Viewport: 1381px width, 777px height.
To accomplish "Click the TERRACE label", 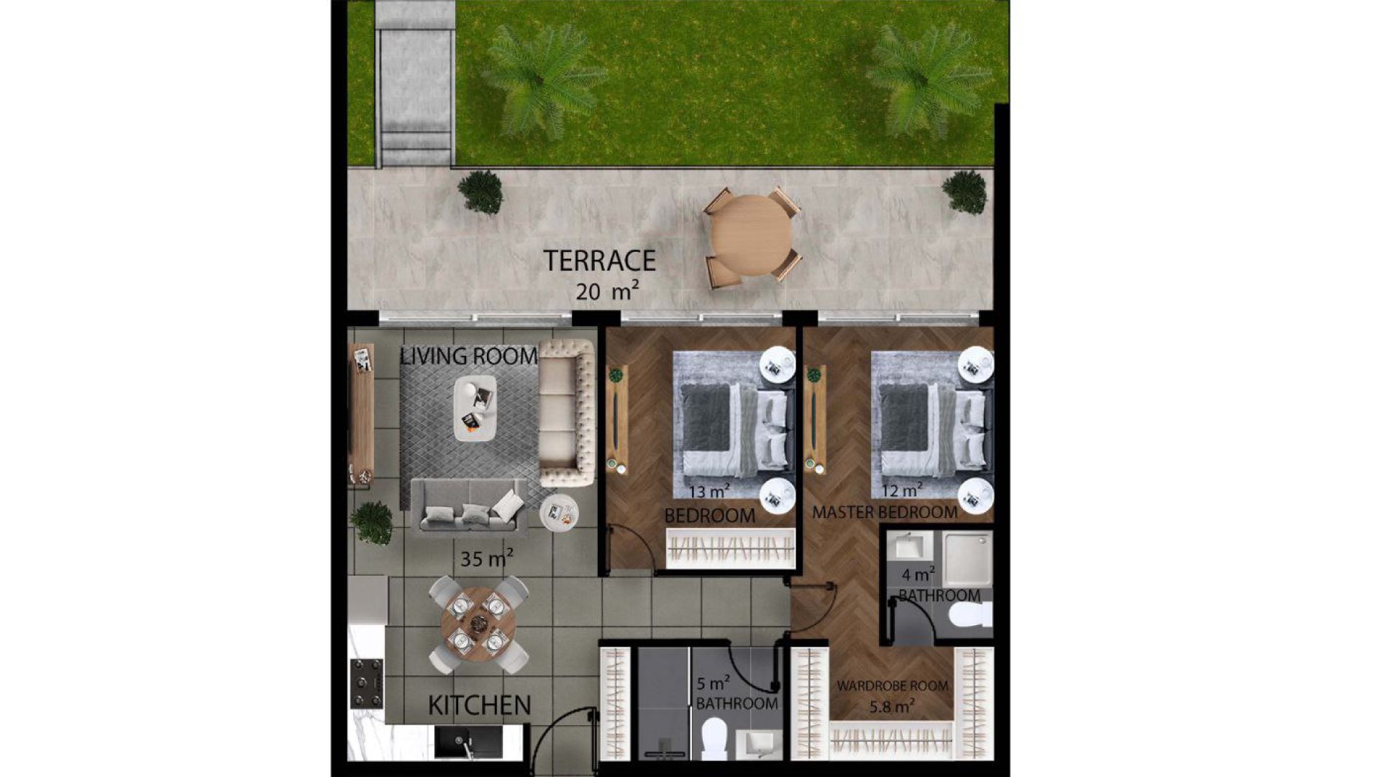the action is [x=599, y=260].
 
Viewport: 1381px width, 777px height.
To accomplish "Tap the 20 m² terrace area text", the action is [x=607, y=291].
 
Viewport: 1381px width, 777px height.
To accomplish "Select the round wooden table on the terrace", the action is [x=751, y=235].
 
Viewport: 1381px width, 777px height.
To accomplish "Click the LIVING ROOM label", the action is [x=469, y=356].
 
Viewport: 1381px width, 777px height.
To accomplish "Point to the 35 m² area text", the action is [x=487, y=558].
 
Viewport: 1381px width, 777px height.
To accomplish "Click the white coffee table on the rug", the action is [x=475, y=408].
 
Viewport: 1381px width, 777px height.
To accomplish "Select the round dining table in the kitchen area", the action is [x=478, y=624].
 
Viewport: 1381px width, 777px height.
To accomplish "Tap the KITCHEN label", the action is [x=479, y=706].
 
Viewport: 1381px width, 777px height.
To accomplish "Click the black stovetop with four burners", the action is [x=366, y=683].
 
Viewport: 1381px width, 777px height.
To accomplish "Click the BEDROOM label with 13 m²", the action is [x=709, y=516].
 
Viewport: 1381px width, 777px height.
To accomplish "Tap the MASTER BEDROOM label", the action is [x=885, y=512].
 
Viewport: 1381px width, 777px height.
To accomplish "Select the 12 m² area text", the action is [x=902, y=490].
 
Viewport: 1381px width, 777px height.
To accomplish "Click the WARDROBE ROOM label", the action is [x=892, y=686].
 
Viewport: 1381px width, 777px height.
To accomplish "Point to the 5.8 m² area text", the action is [x=892, y=706].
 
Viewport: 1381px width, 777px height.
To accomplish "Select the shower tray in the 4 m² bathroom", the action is [x=967, y=559].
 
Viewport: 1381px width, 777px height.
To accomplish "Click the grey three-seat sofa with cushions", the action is [x=469, y=506].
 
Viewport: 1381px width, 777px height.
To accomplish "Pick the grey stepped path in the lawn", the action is [x=415, y=83].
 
